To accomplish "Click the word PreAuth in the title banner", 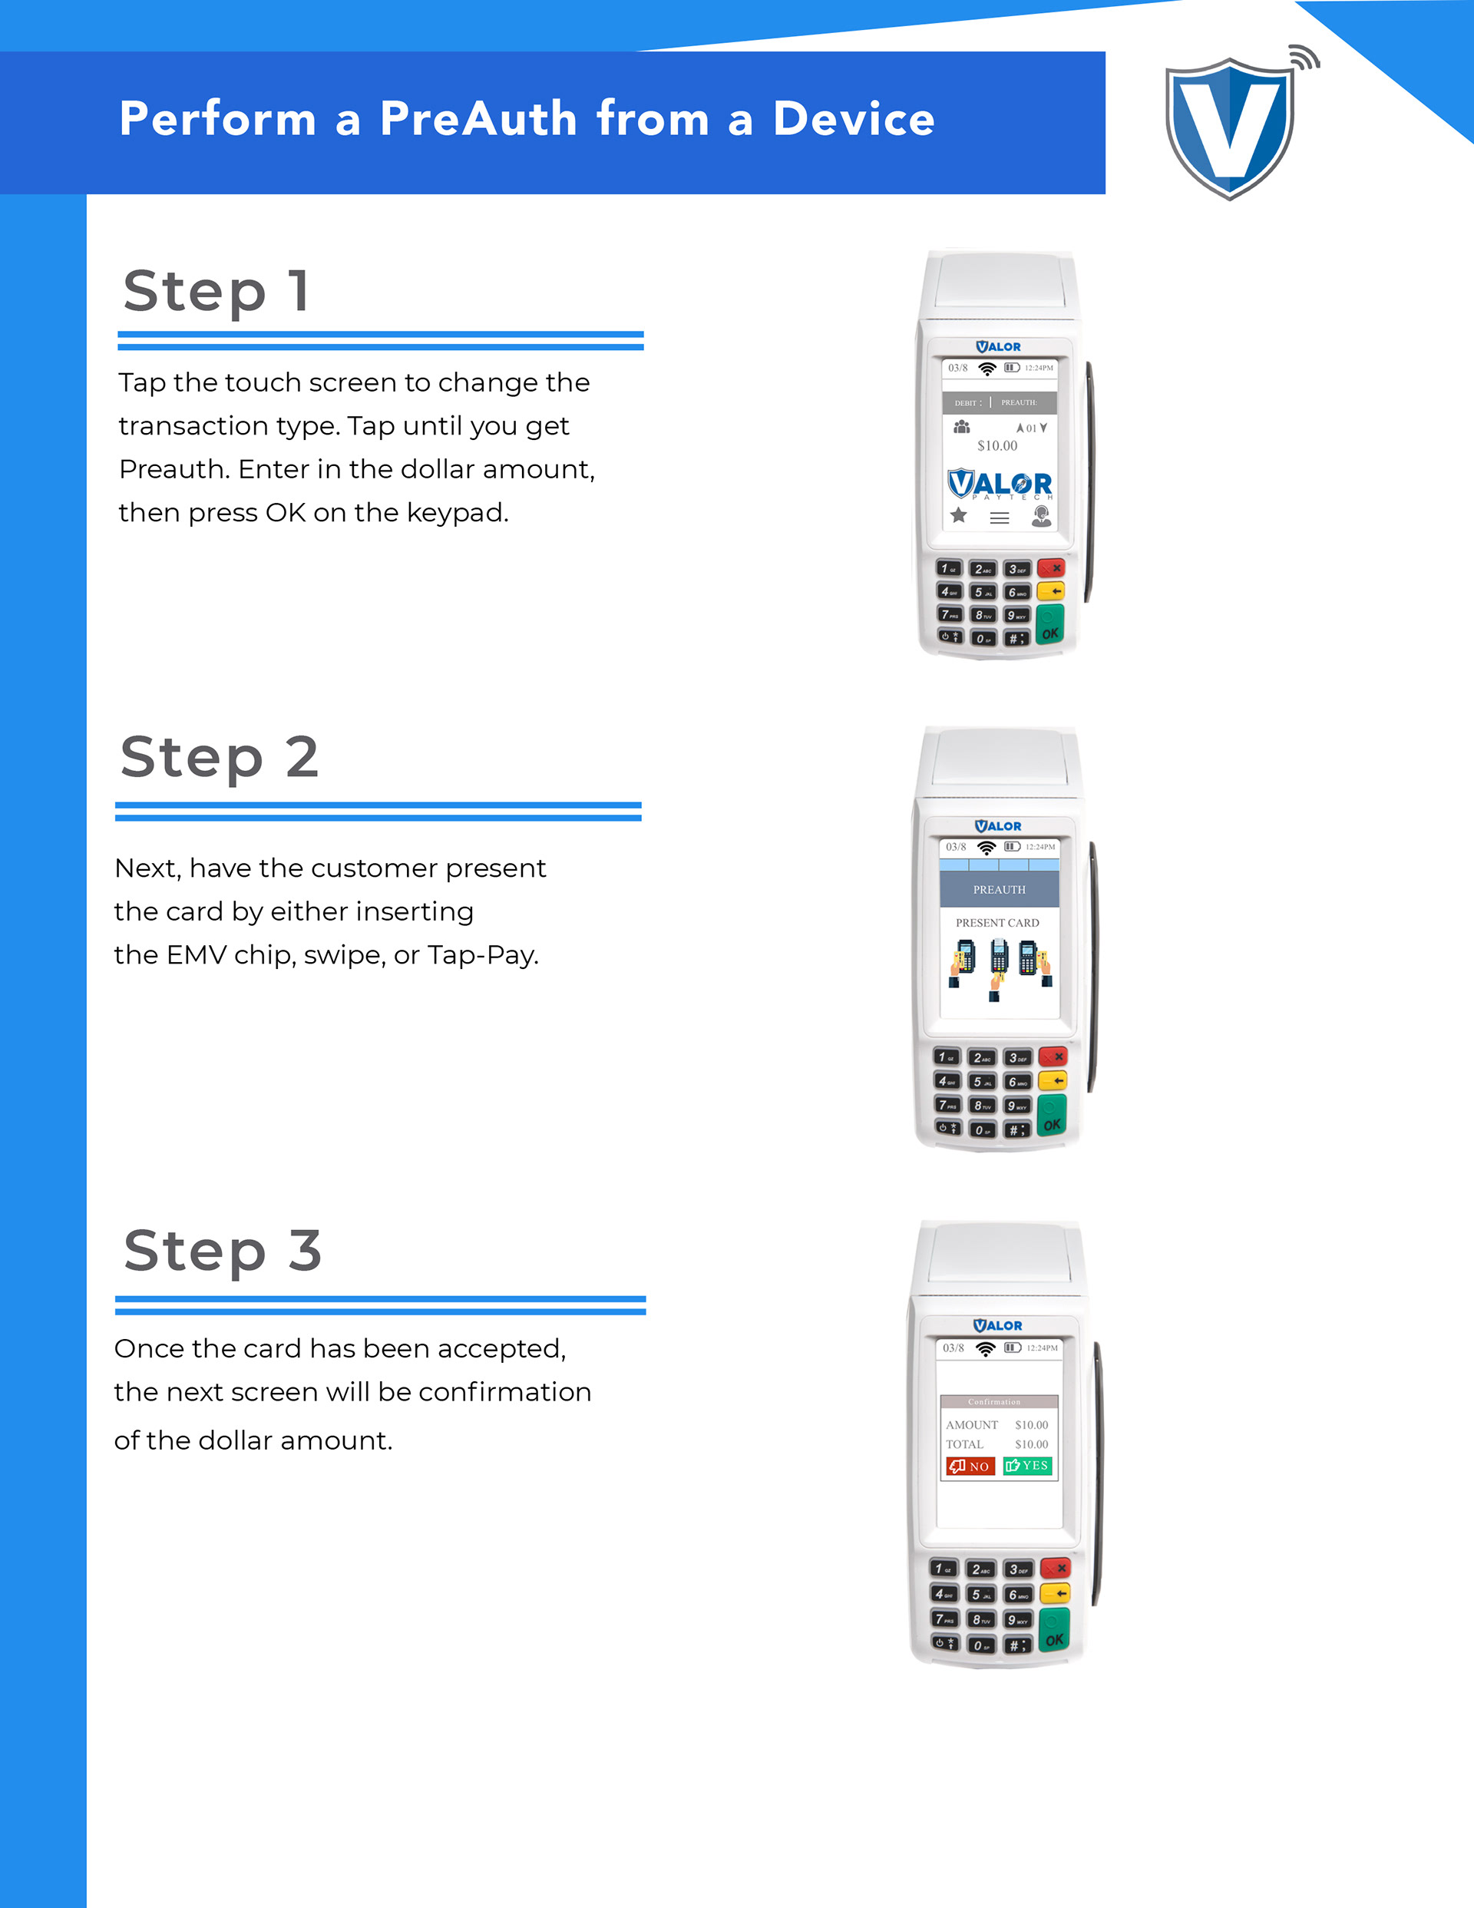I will pyautogui.click(x=478, y=119).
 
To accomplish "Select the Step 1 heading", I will pyautogui.click(x=216, y=292).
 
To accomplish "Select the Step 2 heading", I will pyautogui.click(x=220, y=757).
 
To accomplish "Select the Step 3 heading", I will pyautogui.click(x=223, y=1251).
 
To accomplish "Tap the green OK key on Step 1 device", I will pyautogui.click(x=1050, y=623).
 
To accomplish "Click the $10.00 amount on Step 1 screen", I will pyautogui.click(x=997, y=445).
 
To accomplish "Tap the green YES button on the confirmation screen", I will pyautogui.click(x=1027, y=1466).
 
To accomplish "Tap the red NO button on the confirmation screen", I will pyautogui.click(x=970, y=1466).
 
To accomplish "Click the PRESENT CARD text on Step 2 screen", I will pyautogui.click(x=997, y=923).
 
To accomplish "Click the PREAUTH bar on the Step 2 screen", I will pyautogui.click(x=1000, y=889).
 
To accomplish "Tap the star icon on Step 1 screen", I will pyautogui.click(x=959, y=515).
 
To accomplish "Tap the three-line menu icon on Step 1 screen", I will pyautogui.click(x=1000, y=518).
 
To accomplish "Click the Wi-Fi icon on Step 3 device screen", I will pyautogui.click(x=986, y=1348).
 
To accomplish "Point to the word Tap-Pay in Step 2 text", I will pyautogui.click(x=482, y=955).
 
